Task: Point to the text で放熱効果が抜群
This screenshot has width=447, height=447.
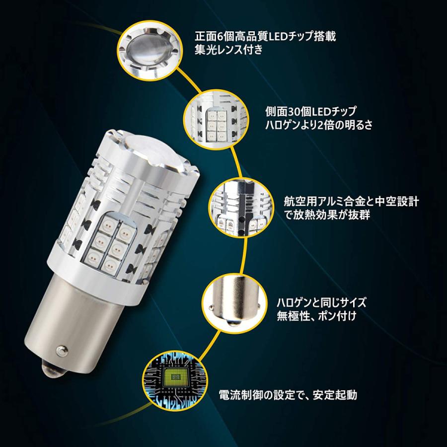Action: [316, 215]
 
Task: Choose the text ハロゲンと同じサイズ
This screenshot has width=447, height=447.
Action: [321, 301]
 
